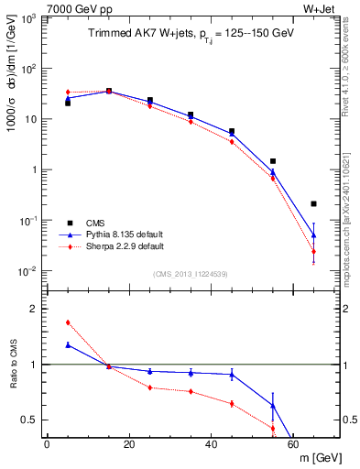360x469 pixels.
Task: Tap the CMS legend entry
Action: (x=95, y=223)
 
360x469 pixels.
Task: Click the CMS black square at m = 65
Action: (x=314, y=203)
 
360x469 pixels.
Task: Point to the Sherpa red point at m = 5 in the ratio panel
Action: (x=68, y=322)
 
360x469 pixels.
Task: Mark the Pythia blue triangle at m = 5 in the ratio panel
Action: (x=68, y=345)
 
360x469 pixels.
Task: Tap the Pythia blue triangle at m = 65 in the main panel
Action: (x=314, y=234)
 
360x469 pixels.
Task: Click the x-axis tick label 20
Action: (x=128, y=444)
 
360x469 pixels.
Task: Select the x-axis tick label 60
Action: (x=293, y=444)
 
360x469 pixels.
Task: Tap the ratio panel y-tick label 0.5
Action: (x=29, y=420)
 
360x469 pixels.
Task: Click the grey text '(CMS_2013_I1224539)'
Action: (x=191, y=273)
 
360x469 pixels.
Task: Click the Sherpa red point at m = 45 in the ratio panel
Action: (x=232, y=404)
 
